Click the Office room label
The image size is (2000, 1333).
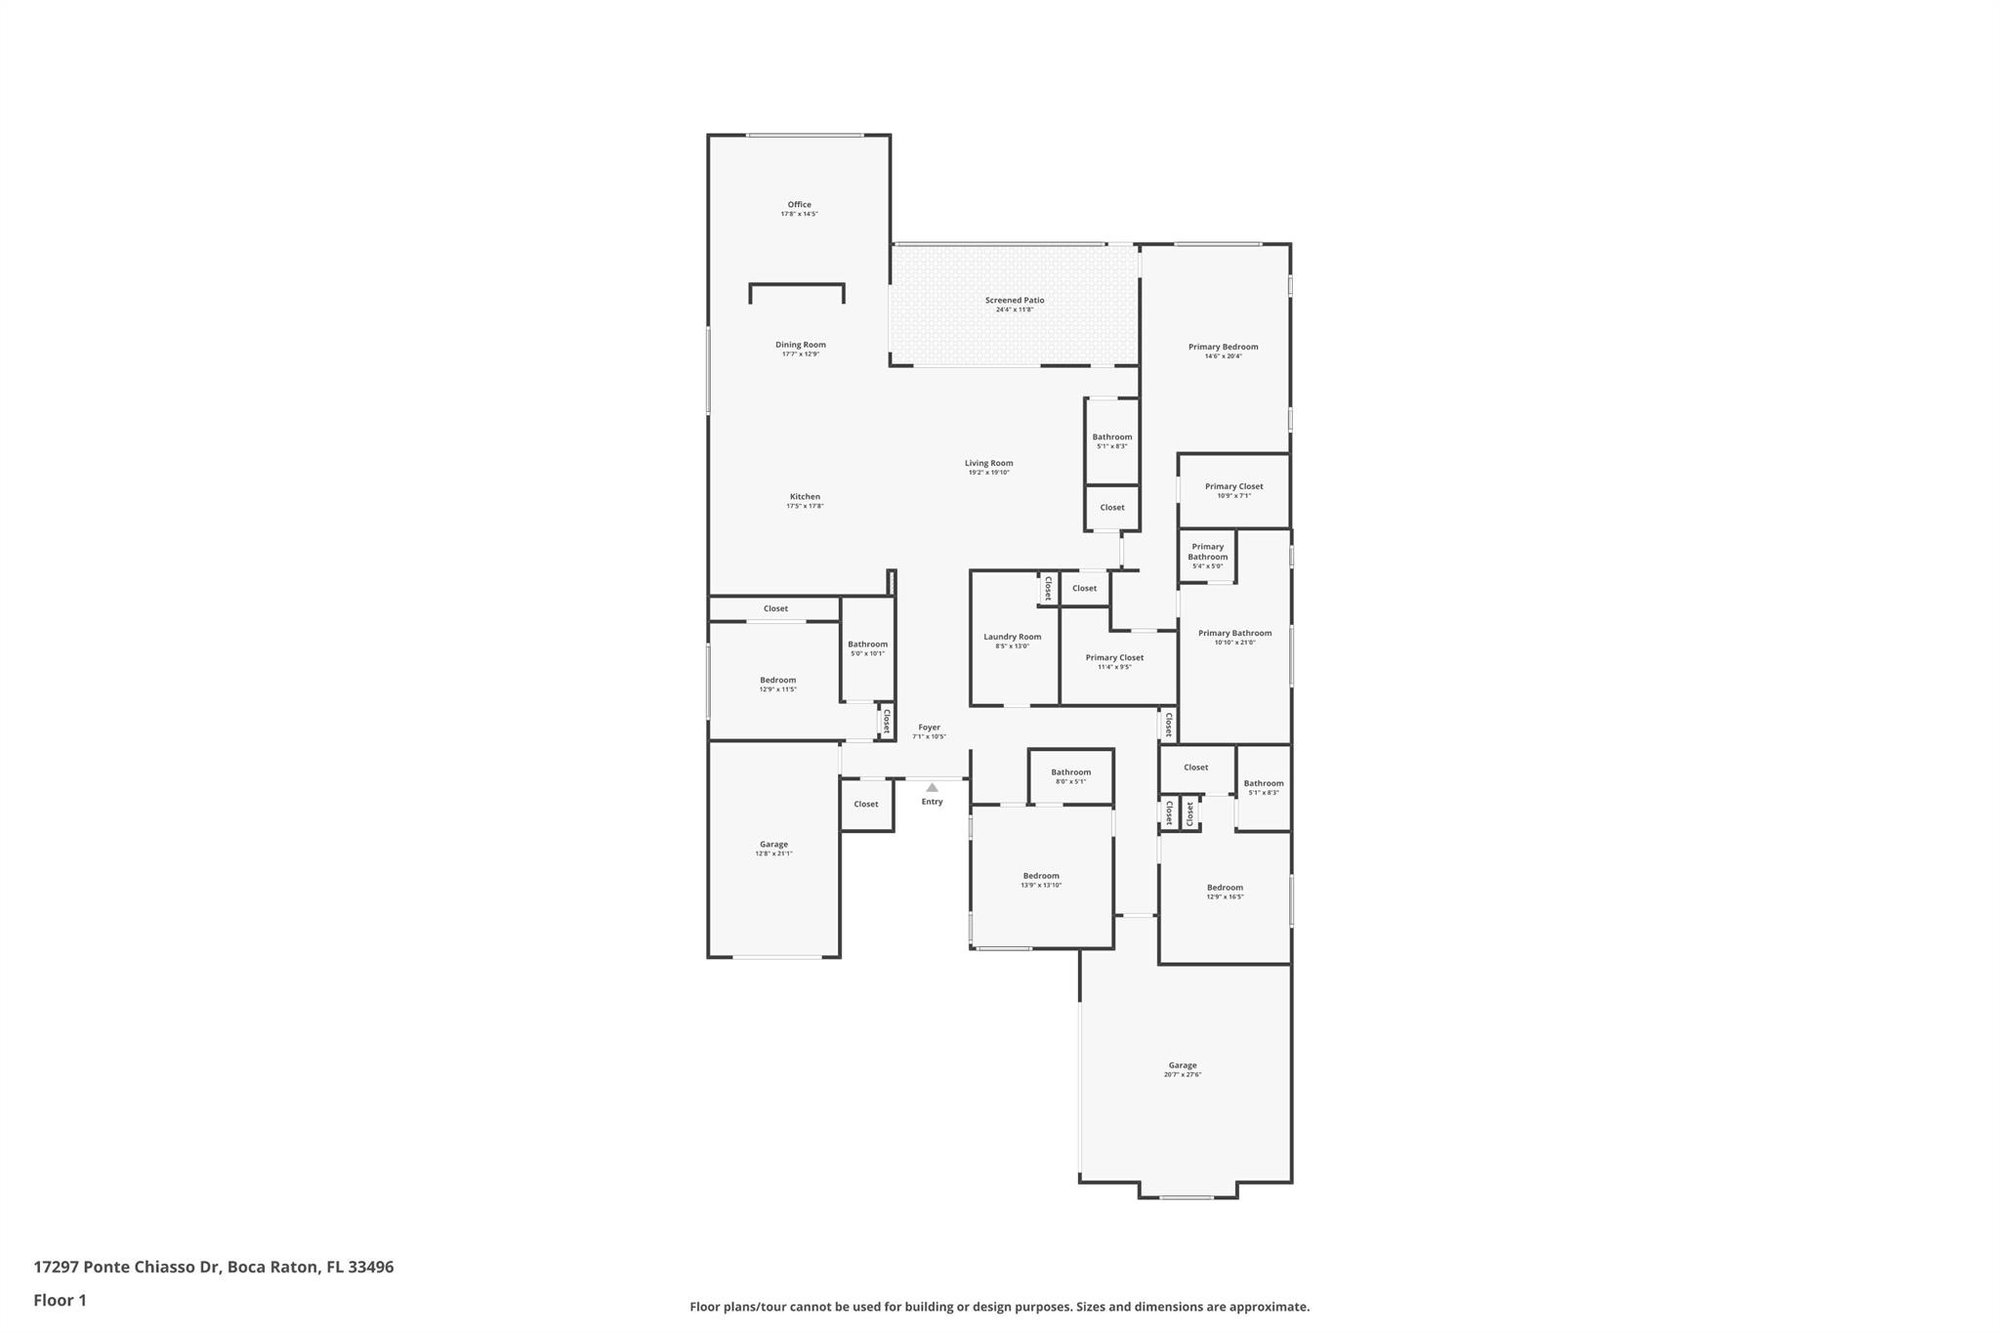coord(799,205)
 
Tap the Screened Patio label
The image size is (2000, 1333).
coord(1014,301)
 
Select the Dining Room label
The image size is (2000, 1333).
coord(800,345)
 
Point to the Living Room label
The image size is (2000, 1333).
coord(988,464)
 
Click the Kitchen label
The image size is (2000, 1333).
coord(805,497)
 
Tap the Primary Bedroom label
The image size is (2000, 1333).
coord(1223,348)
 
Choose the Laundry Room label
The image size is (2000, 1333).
coord(1012,637)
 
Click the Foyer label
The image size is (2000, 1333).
coord(929,728)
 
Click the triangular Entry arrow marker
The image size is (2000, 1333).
coord(932,787)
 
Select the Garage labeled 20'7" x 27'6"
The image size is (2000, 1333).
coord(1182,1065)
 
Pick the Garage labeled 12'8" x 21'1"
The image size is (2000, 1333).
coord(773,845)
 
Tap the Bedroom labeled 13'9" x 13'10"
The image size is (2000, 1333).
coord(1041,876)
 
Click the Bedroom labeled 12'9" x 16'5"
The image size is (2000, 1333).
coord(1225,888)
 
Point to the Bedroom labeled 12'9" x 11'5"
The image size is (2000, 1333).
coord(777,681)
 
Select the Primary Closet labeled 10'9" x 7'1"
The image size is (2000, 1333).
coord(1233,486)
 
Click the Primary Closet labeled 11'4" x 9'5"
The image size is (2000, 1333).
coord(1114,658)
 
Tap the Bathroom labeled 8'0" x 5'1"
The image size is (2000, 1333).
coord(1070,772)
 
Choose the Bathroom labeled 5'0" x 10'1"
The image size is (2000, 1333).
coord(867,645)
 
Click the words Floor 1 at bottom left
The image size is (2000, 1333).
coord(60,1300)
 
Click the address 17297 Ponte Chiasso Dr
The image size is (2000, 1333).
coord(126,1267)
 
